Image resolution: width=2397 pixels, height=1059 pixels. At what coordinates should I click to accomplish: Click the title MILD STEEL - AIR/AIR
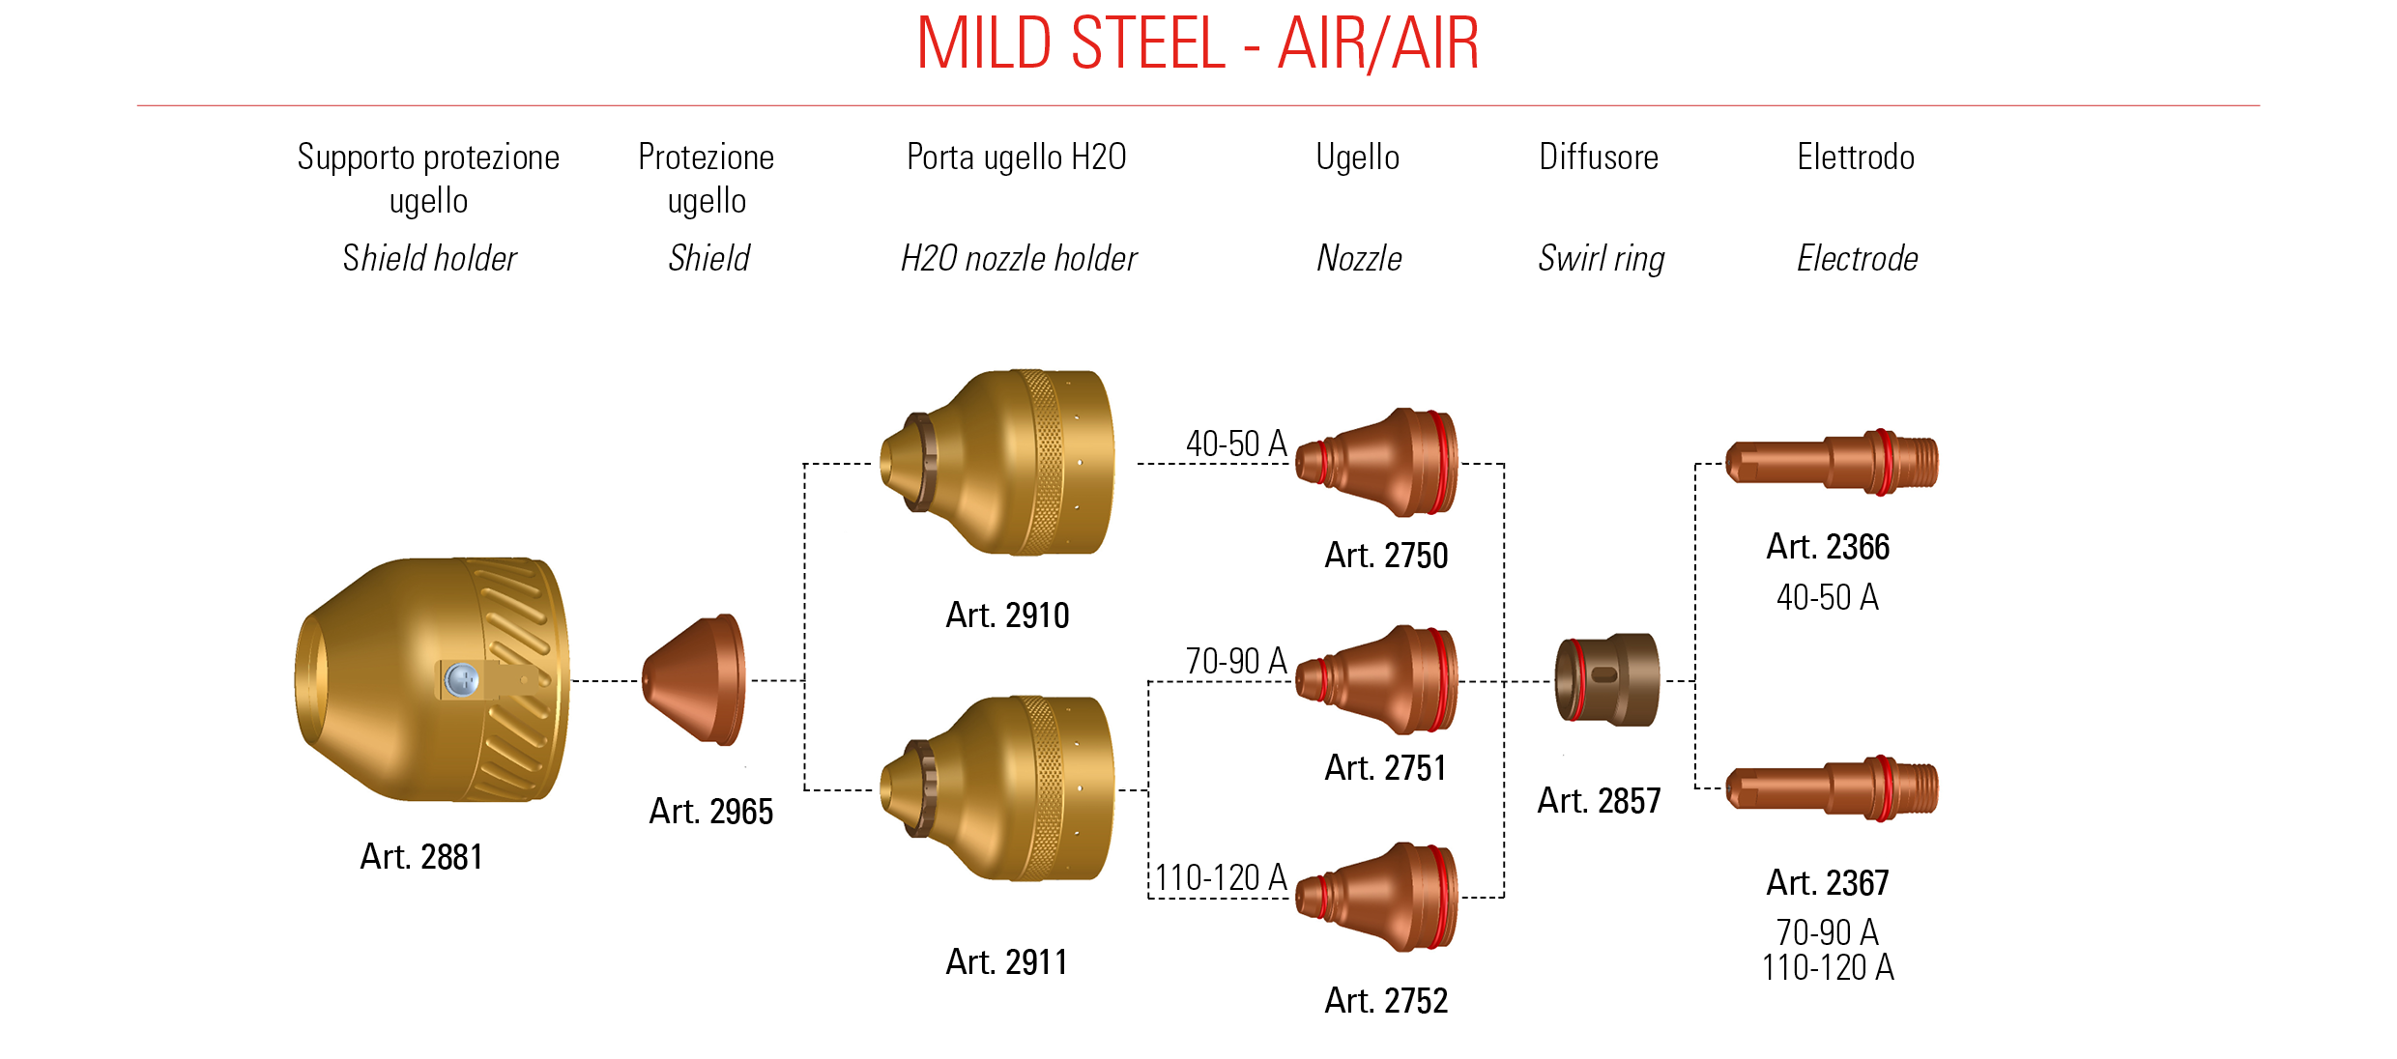point(1198,43)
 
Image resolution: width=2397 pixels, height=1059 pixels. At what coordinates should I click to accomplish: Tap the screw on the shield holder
point(462,679)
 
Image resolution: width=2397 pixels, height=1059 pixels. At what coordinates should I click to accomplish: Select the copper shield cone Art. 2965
point(694,680)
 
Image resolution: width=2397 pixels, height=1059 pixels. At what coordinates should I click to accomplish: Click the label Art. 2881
point(421,857)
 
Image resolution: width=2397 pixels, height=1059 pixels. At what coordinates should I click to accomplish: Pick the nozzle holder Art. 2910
point(997,462)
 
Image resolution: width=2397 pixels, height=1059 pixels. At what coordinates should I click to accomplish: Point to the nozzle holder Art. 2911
point(997,788)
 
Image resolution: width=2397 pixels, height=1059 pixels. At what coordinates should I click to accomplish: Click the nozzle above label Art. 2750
point(1376,462)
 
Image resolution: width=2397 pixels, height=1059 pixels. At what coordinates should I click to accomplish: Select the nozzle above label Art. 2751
point(1376,679)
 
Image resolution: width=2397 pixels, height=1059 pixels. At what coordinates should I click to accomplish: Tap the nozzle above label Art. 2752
point(1376,897)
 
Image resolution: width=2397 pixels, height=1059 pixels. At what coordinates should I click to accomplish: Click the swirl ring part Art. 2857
point(1606,680)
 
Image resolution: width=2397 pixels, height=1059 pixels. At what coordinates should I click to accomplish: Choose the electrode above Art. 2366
point(1833,462)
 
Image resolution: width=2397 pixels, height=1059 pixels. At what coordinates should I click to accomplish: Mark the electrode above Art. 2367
point(1833,788)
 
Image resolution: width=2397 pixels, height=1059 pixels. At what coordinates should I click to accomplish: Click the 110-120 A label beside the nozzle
point(1221,878)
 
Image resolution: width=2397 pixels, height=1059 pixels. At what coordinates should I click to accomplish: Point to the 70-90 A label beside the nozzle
point(1236,661)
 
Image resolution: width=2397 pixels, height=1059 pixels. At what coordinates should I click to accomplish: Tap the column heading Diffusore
point(1599,157)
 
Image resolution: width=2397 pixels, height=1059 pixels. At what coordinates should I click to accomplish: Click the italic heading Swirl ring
point(1602,259)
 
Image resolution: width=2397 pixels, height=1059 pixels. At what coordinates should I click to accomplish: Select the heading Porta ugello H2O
point(1017,157)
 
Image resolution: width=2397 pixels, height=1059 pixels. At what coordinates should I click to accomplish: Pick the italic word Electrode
point(1858,259)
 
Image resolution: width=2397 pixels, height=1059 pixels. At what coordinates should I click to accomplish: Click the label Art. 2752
point(1386,1001)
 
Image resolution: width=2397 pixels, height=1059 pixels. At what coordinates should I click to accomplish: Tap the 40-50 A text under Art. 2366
point(1828,597)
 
